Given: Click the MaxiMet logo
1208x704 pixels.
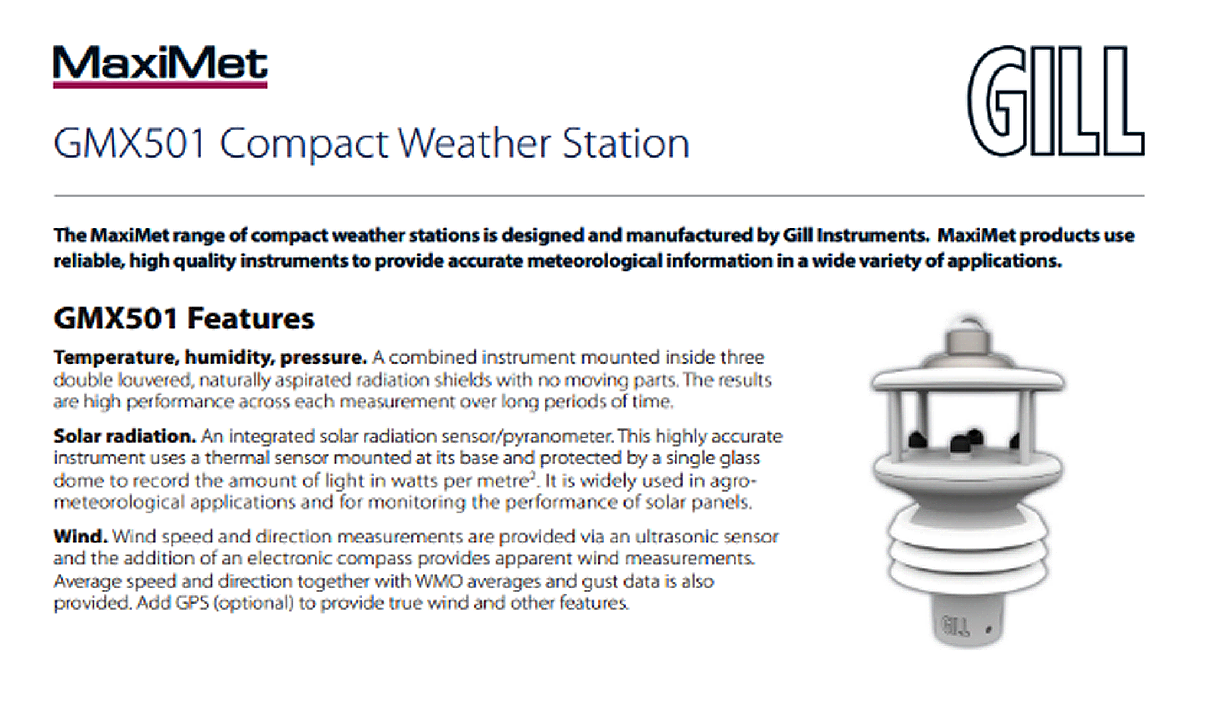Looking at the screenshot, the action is pyautogui.click(x=160, y=66).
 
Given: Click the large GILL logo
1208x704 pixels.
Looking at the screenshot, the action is pyautogui.click(x=1056, y=101).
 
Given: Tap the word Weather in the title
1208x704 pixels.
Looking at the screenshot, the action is pyautogui.click(x=474, y=143).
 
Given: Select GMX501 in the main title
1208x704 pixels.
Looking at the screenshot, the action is pyautogui.click(x=129, y=143).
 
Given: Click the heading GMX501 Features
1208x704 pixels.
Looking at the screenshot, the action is pyautogui.click(x=184, y=318).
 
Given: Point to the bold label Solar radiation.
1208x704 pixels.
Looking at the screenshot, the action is pyautogui.click(x=125, y=436).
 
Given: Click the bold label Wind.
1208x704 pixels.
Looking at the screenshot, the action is pyautogui.click(x=80, y=536).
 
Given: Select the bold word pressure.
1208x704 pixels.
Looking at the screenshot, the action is pyautogui.click(x=323, y=358).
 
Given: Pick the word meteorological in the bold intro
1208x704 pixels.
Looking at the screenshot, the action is pyautogui.click(x=594, y=261).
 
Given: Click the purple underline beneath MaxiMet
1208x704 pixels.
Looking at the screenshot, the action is pyautogui.click(x=160, y=86).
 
